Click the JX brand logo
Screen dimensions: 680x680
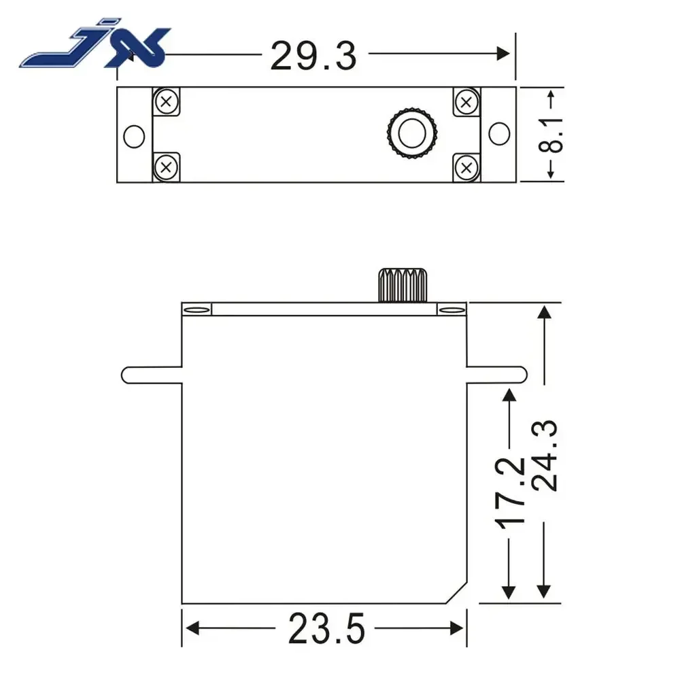pos(95,48)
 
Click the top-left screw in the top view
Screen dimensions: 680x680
pos(166,103)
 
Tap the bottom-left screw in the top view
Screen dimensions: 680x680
pos(166,166)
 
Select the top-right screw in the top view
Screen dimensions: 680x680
pos(466,103)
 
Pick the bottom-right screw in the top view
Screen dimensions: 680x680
pos(466,166)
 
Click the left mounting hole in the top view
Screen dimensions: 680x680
pos(134,135)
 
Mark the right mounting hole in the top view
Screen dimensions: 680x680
pos(499,134)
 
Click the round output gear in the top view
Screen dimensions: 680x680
pos(411,133)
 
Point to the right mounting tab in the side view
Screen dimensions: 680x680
pos(496,374)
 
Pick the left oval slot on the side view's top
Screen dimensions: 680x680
pos(197,310)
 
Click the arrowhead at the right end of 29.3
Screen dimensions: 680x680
pos(503,54)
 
